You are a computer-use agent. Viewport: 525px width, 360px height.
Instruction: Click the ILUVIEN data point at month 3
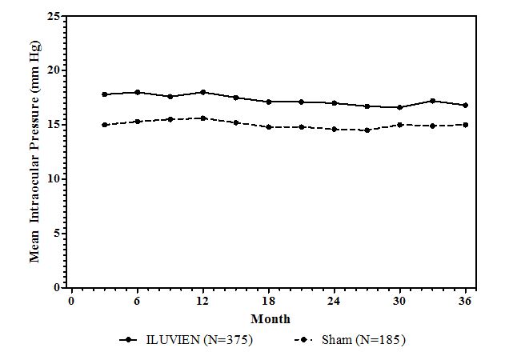[x=105, y=94]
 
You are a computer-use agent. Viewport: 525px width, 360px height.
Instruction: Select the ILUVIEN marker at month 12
[x=202, y=92]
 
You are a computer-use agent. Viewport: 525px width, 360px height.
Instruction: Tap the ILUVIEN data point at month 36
[x=465, y=105]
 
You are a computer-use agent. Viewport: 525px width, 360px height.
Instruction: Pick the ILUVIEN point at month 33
[x=432, y=101]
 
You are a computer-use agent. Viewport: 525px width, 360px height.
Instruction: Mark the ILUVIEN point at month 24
[x=334, y=103]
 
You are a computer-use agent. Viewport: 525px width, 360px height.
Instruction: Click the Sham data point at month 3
[x=105, y=125]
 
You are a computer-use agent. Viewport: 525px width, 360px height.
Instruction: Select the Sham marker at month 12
[x=202, y=118]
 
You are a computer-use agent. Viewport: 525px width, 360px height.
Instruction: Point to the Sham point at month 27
[x=367, y=130]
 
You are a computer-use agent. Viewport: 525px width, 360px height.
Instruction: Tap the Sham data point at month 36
[x=465, y=125]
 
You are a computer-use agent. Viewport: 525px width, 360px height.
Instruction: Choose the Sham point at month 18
[x=268, y=126]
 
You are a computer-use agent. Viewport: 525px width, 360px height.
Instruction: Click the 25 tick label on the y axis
[x=54, y=16]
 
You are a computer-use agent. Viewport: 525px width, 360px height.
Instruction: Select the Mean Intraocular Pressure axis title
[x=36, y=152]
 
